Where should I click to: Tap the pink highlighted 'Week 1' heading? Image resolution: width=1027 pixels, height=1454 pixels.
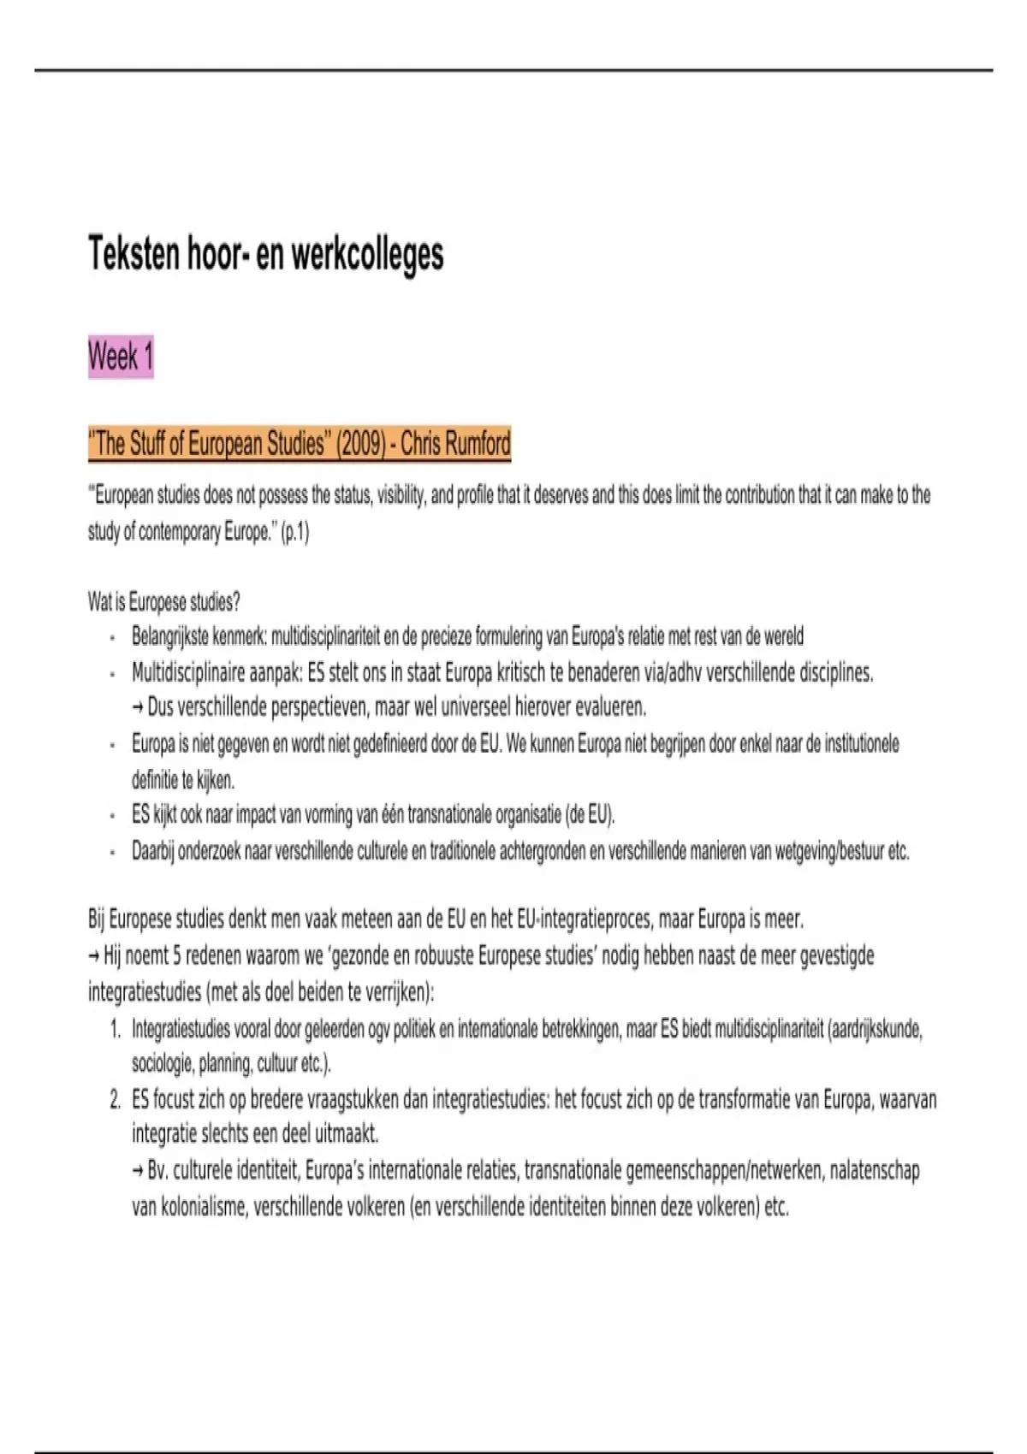tap(121, 356)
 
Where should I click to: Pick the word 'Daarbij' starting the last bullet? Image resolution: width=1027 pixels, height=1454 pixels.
tap(152, 851)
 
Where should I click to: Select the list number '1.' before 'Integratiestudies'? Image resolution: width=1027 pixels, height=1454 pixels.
tap(116, 1029)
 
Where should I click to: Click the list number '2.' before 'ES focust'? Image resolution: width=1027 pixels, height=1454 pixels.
tap(116, 1100)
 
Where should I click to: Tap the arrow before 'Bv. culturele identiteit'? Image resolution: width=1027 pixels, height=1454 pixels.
tap(138, 1171)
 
